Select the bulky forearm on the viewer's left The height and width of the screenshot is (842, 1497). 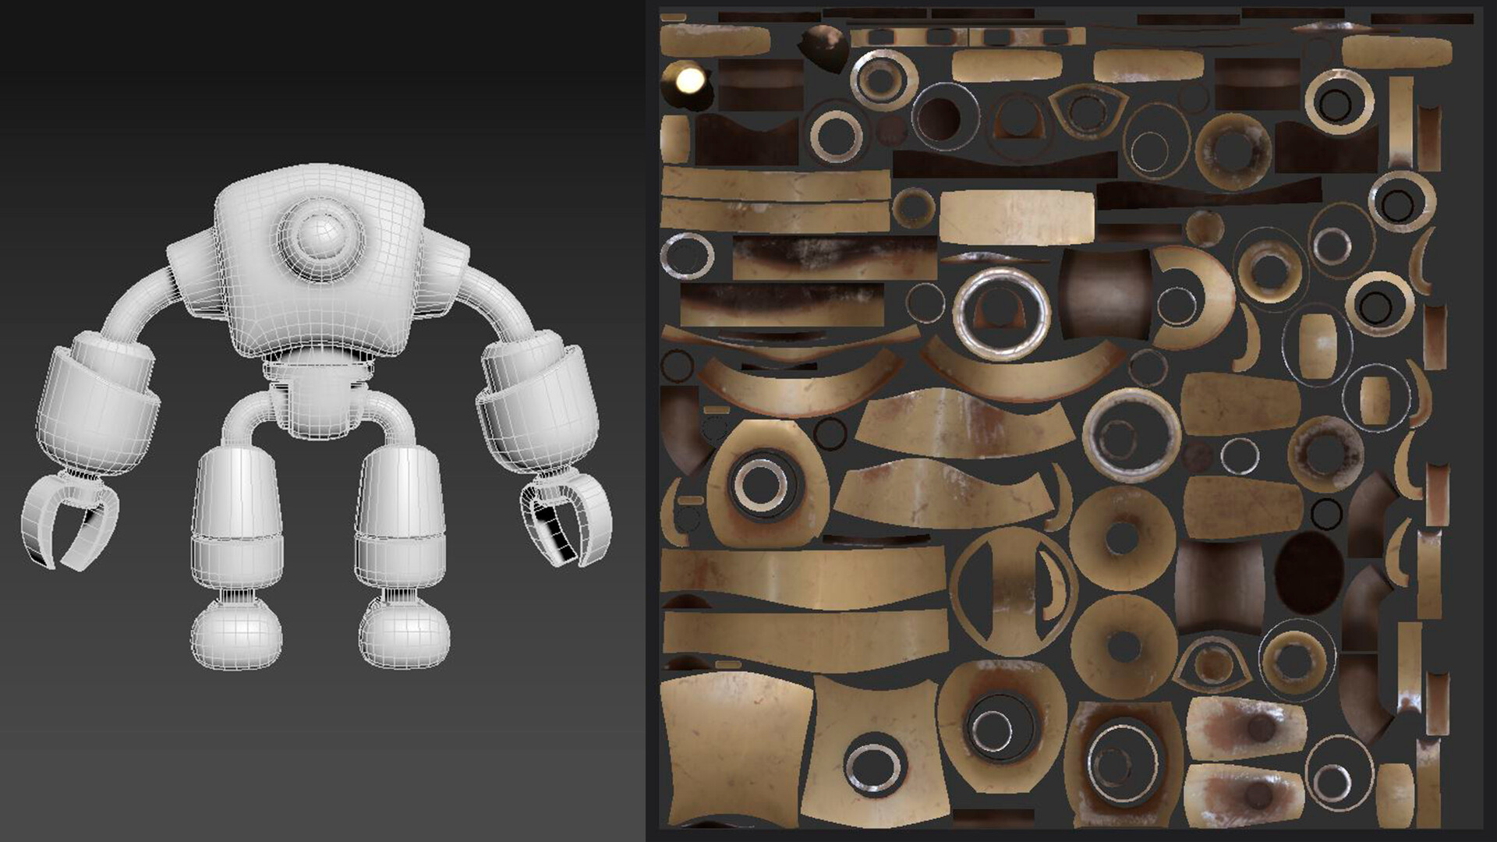[x=97, y=405]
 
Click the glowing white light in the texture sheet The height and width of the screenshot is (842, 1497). [x=689, y=80]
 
